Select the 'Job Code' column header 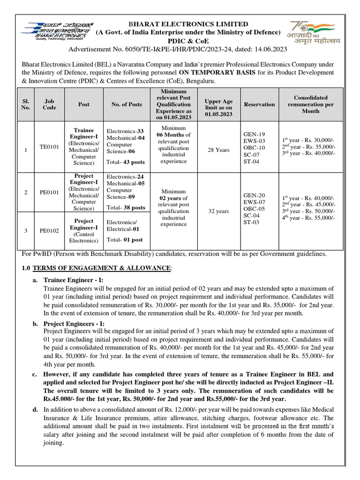[x=49, y=104]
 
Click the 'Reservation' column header [x=259, y=104]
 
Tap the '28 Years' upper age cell [x=218, y=150]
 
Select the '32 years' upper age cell [x=218, y=211]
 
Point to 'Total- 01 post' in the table [x=124, y=240]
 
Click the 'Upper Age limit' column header [x=218, y=104]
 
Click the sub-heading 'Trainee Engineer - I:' [x=73, y=280]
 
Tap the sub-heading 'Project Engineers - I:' [x=74, y=324]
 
